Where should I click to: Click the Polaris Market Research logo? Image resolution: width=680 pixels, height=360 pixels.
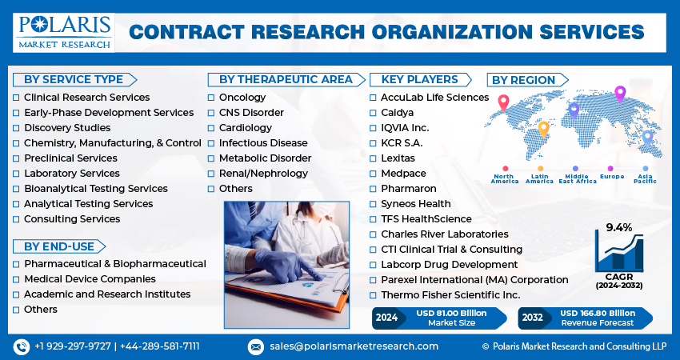coord(63,31)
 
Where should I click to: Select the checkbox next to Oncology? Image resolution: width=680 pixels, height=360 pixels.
coord(211,98)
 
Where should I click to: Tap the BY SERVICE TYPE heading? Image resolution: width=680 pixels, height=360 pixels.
coord(74,79)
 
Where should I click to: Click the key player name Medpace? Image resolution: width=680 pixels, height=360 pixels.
coord(398,174)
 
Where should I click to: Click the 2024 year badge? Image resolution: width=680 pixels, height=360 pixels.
coord(386,317)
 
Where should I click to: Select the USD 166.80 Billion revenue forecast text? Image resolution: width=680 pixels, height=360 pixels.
coord(597,312)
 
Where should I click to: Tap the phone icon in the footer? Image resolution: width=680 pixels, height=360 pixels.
coord(22,346)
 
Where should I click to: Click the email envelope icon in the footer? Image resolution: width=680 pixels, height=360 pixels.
coord(255,346)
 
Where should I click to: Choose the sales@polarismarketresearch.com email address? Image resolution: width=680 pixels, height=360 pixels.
coord(354,346)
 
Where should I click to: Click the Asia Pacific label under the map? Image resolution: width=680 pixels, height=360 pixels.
coord(645,179)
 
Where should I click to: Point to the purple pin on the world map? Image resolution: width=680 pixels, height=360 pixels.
coord(618,94)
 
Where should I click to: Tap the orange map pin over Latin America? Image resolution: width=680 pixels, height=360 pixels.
coord(543,128)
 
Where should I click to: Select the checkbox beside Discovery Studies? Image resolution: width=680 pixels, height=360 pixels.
coord(16,128)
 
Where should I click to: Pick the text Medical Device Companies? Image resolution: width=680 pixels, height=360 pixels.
coord(90,279)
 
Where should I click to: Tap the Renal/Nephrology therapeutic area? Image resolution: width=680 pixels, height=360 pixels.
coord(262,174)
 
